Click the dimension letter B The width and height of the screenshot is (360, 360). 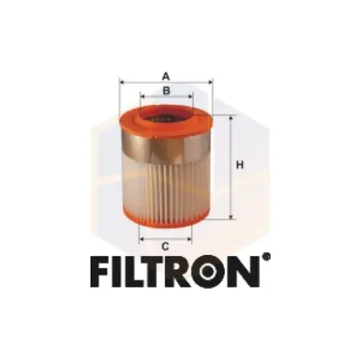[166, 90]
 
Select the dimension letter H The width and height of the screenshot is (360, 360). [240, 166]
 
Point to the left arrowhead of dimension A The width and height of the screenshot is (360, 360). [122, 82]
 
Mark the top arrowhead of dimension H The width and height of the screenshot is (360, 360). [231, 115]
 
